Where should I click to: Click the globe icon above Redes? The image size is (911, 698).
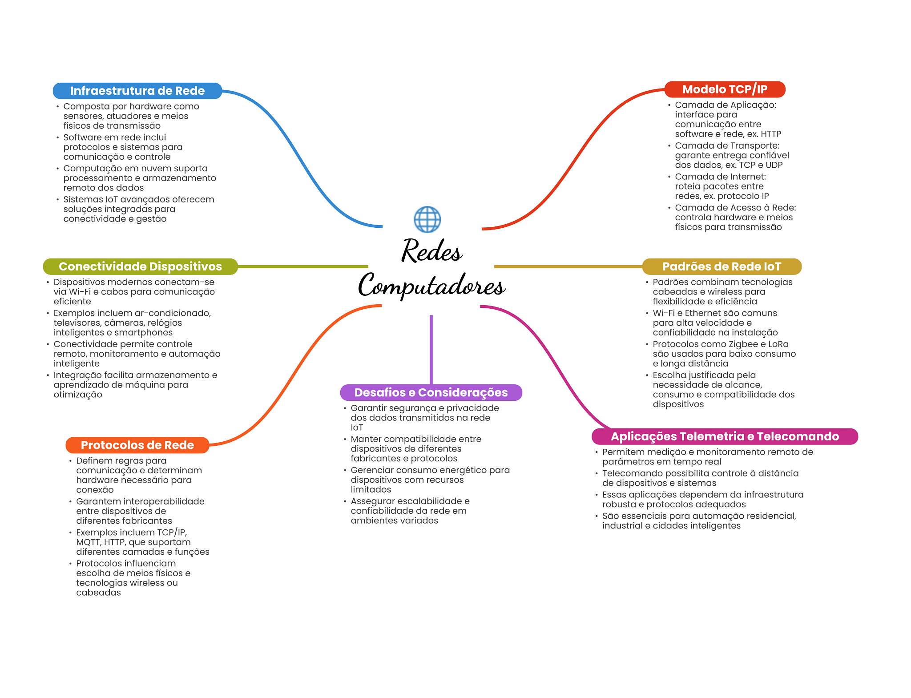427,219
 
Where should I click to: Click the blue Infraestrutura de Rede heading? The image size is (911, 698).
137,91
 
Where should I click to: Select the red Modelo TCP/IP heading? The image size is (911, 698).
725,89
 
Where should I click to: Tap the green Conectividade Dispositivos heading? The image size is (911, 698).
140,266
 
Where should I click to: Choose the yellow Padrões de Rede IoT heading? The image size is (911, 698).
722,266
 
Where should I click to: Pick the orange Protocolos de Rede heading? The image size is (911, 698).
137,445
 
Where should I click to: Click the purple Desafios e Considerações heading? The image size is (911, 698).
431,392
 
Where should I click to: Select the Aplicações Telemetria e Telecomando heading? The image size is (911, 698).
725,436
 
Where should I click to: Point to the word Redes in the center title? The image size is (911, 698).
432,250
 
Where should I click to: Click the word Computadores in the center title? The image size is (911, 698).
431,286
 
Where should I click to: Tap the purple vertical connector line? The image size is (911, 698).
431,350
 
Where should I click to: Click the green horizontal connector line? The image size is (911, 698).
303,266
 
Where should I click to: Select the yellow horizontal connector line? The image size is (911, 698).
568,266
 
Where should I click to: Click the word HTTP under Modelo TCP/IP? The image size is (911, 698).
771,134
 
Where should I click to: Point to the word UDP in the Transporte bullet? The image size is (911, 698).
774,165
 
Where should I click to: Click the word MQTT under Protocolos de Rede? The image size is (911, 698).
88,542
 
